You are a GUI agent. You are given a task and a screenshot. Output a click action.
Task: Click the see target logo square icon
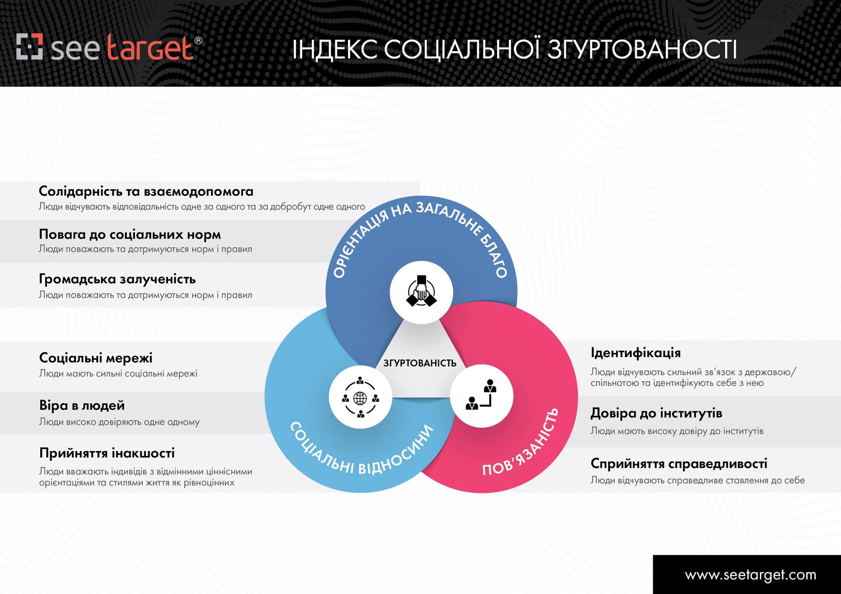tap(30, 46)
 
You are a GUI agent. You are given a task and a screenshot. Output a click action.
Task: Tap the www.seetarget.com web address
tap(750, 575)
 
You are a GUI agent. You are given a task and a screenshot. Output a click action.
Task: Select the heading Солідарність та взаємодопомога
tap(146, 191)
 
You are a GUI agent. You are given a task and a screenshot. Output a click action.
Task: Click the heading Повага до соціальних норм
tap(130, 234)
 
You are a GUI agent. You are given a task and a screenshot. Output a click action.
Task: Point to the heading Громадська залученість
tap(117, 279)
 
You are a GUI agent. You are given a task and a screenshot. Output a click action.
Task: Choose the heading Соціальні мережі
tap(96, 358)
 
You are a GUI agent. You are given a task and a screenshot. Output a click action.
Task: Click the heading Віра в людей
tap(82, 406)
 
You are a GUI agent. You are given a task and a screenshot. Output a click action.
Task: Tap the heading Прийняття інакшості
tap(107, 453)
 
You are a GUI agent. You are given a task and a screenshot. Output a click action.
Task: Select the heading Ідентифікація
tap(636, 353)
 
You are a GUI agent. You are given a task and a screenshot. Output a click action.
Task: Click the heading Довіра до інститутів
tap(656, 413)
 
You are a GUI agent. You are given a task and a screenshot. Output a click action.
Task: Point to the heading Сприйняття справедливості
tap(679, 463)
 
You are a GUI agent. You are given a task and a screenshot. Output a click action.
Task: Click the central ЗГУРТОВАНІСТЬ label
tap(420, 363)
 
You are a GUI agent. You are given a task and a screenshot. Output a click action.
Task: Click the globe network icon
tap(360, 397)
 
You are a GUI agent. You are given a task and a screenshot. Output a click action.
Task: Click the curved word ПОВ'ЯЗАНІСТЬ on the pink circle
tap(522, 443)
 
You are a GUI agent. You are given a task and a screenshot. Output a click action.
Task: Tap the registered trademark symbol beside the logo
tap(198, 40)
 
